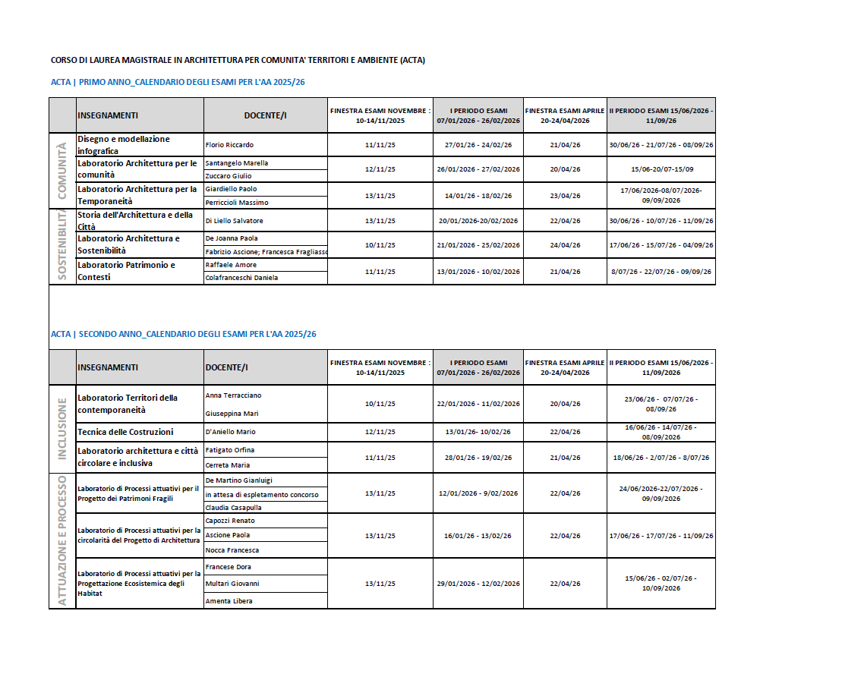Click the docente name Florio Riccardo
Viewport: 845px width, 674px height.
coord(229,145)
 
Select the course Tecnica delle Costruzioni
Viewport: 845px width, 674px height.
coord(125,432)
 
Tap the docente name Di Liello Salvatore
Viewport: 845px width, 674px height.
coord(235,221)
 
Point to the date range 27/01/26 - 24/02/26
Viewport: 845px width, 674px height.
coord(478,145)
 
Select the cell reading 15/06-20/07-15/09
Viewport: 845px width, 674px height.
coord(661,169)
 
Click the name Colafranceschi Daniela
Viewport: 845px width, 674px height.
coord(241,278)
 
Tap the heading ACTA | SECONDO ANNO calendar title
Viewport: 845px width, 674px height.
coord(184,334)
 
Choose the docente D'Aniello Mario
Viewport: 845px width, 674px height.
coord(231,432)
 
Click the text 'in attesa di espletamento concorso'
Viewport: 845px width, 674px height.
coord(262,495)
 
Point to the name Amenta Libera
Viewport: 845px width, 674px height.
coord(229,601)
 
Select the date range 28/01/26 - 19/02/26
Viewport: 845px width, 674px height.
coord(478,458)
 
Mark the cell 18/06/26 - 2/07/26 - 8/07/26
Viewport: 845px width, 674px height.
coord(661,458)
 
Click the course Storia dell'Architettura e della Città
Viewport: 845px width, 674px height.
coord(135,221)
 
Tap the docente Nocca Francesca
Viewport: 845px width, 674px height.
coord(232,550)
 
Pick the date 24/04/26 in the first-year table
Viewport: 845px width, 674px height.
coord(565,245)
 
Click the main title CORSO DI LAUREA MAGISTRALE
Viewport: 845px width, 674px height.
coord(238,60)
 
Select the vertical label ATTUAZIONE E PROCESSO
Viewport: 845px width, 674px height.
coord(62,540)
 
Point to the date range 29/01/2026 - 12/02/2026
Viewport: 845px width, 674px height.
coord(478,584)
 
